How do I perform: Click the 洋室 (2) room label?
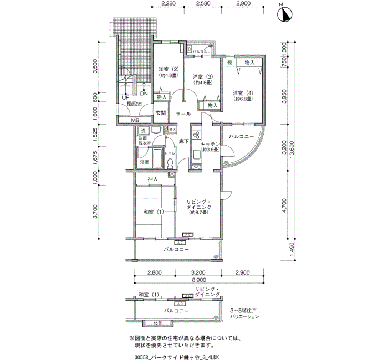pyautogui.click(x=168, y=69)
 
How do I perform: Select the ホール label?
pyautogui.click(x=183, y=114)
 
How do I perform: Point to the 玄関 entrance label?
pyautogui.click(x=161, y=113)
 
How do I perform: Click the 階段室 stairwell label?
pyautogui.click(x=134, y=104)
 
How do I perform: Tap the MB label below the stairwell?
pyautogui.click(x=135, y=120)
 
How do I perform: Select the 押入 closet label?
pyautogui.click(x=153, y=179)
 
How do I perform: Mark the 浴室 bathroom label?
pyautogui.click(x=144, y=162)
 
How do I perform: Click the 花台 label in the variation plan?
pyautogui.click(x=157, y=322)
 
